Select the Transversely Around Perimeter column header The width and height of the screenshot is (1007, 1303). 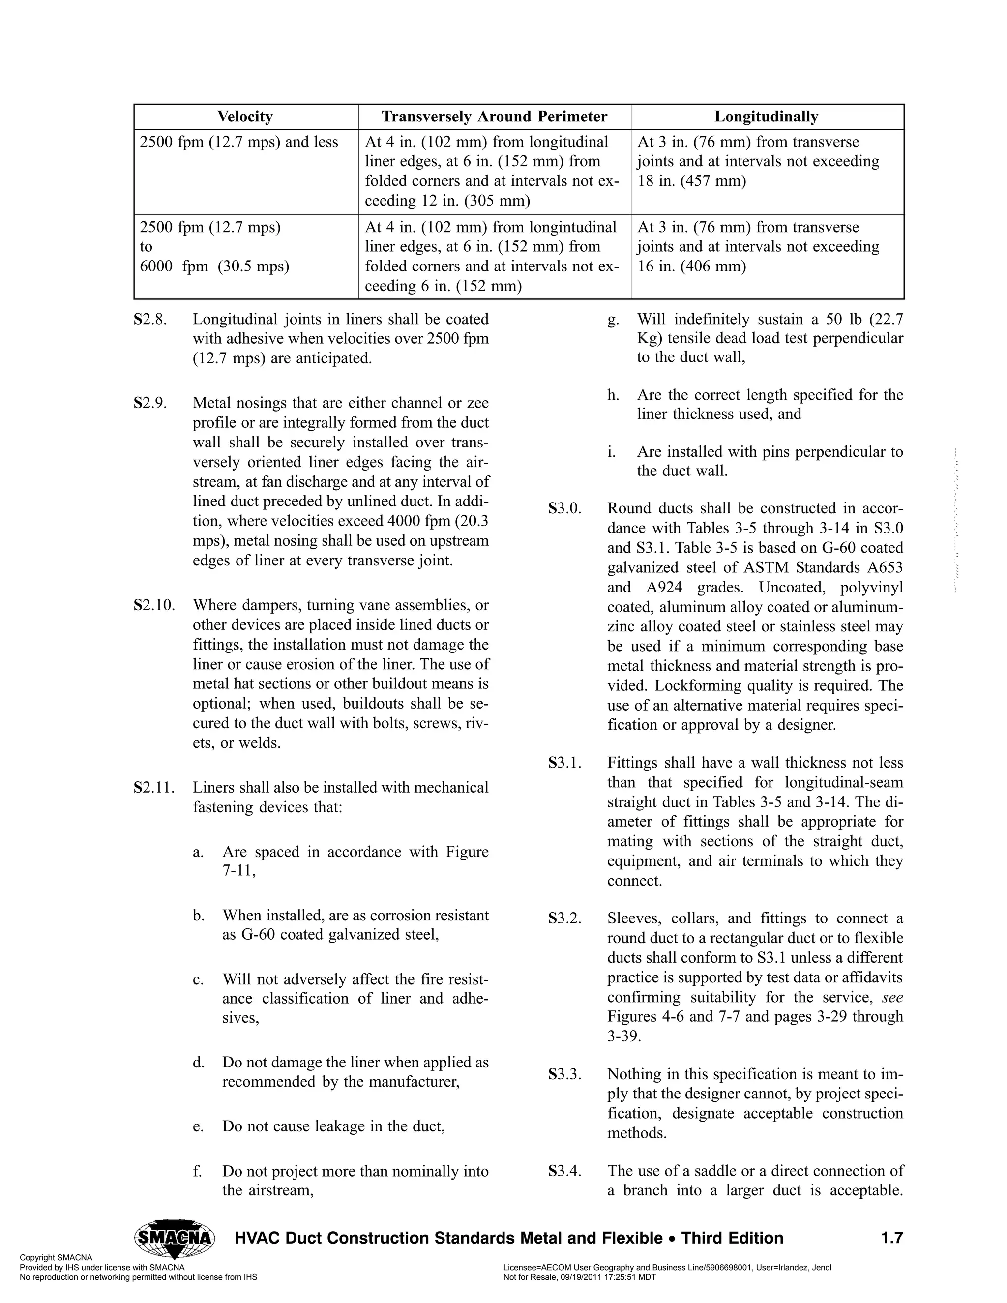pyautogui.click(x=494, y=117)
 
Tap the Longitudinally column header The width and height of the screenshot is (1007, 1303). pyautogui.click(x=766, y=117)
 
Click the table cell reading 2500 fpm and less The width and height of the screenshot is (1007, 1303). pyautogui.click(x=238, y=142)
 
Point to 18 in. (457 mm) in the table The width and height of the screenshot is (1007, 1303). pyautogui.click(x=691, y=181)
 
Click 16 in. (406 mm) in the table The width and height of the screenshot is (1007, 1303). pyautogui.click(x=691, y=267)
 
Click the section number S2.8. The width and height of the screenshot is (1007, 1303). pyautogui.click(x=150, y=319)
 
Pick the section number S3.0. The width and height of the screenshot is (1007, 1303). pyautogui.click(x=564, y=509)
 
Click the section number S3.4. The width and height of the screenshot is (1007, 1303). pyautogui.click(x=564, y=1171)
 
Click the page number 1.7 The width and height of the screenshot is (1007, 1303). pyautogui.click(x=891, y=1238)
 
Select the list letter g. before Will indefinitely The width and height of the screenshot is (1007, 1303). pyautogui.click(x=613, y=320)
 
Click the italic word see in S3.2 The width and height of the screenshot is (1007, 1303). pyautogui.click(x=892, y=998)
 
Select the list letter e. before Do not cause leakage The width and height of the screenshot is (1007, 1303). pyautogui.click(x=198, y=1126)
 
